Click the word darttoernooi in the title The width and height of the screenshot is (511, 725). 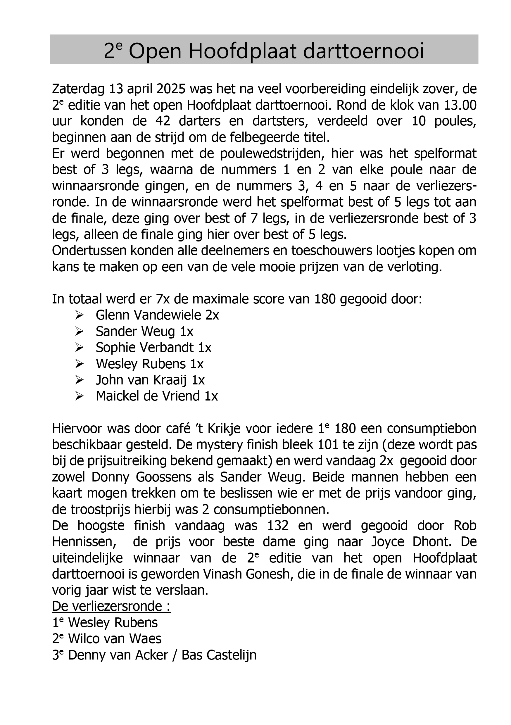click(363, 51)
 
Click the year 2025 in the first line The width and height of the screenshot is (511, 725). click(170, 89)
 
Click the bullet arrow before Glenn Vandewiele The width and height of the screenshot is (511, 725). click(79, 315)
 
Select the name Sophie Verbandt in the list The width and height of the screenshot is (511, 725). click(145, 347)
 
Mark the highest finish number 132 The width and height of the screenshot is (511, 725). click(278, 526)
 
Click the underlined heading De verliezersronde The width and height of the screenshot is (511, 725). click(111, 607)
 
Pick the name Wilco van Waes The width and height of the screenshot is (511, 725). click(115, 639)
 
